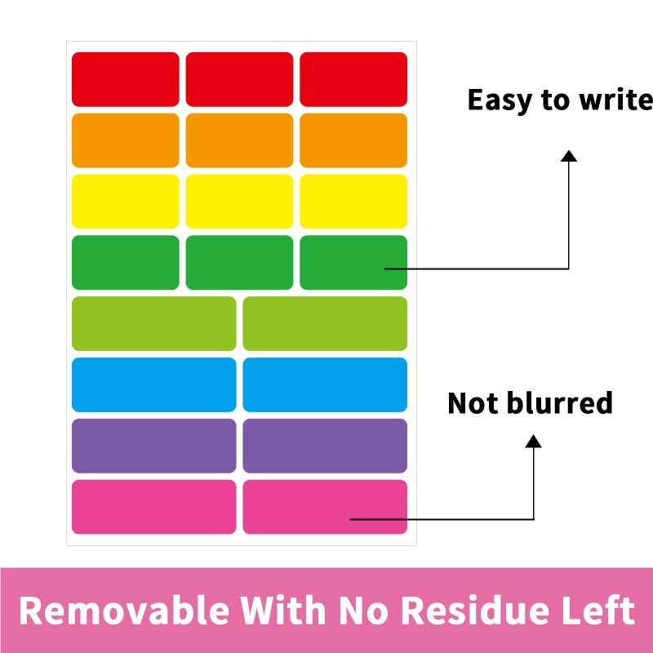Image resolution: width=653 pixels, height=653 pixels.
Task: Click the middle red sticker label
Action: pos(239,79)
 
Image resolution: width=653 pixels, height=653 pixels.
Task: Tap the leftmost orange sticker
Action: pos(126,140)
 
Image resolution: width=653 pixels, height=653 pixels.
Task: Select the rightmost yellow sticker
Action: pos(353,202)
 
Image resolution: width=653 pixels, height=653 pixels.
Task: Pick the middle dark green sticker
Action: pos(239,262)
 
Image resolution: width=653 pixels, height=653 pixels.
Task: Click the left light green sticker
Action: pos(154,323)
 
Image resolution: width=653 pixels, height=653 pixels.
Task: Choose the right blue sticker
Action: pos(325,384)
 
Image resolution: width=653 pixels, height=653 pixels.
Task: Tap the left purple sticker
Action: pos(154,446)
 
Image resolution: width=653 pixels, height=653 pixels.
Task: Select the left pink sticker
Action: pos(154,507)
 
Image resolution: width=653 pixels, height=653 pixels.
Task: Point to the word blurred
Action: pos(559,402)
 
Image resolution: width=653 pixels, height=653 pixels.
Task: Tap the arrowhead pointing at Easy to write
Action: pos(569,156)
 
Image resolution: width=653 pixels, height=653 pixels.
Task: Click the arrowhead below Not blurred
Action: pos(534,441)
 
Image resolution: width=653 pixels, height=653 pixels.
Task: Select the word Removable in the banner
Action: pos(124,610)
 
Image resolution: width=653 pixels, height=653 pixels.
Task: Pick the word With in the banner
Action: pos(283,610)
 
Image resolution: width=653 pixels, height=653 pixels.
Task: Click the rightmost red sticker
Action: pos(353,79)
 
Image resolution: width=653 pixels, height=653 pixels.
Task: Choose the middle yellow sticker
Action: pos(239,202)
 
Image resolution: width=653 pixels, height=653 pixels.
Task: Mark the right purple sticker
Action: pos(325,446)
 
